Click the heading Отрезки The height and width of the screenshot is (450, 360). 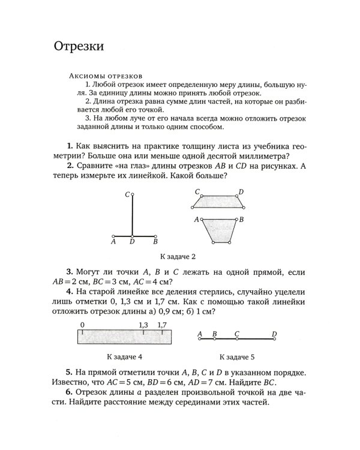coord(79,46)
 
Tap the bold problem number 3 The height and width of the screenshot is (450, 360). coord(70,272)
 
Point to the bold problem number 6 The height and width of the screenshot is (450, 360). coord(70,391)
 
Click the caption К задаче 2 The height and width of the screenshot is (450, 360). coord(176,256)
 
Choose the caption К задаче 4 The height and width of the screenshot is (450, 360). coord(124,355)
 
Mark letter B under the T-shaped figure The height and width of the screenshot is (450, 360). coord(155,242)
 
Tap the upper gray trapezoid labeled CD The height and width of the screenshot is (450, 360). coord(220,201)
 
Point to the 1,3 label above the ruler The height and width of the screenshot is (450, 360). coord(143,325)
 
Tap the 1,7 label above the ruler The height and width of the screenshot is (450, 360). coord(161,325)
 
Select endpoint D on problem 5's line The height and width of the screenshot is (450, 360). coord(274,340)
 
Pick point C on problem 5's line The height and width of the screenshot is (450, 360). coord(237,340)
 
